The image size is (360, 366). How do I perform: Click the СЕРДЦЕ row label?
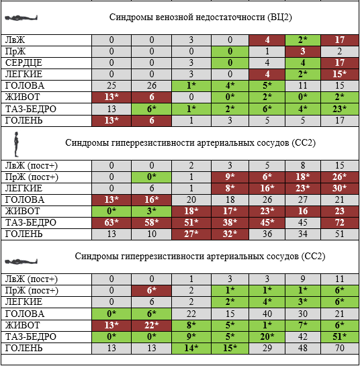click(24, 62)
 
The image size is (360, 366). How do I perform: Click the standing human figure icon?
click(16, 144)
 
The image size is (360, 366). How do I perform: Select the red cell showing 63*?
click(111, 223)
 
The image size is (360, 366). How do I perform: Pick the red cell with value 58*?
click(152, 223)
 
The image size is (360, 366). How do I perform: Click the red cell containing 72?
click(340, 223)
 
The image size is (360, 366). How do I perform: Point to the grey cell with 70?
click(340, 349)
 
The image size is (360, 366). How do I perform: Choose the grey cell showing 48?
click(303, 349)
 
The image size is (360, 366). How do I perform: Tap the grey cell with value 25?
click(111, 86)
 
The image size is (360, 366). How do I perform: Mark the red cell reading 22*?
click(152, 326)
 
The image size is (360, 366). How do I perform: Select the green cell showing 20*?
click(267, 337)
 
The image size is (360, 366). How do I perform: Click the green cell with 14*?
click(191, 349)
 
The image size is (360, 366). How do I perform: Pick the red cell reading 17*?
click(230, 212)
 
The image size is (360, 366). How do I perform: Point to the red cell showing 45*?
click(267, 223)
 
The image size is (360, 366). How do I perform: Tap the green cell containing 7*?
click(303, 326)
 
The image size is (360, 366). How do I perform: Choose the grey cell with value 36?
click(267, 234)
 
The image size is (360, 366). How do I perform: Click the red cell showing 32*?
click(230, 234)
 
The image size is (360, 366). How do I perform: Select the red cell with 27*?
click(191, 234)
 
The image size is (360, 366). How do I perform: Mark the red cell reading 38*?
click(230, 223)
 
